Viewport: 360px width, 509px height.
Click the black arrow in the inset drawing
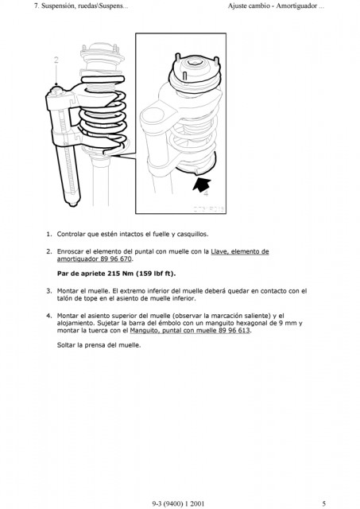pos(201,185)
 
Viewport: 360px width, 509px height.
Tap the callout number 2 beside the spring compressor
pos(56,60)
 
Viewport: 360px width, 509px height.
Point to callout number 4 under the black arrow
pos(206,194)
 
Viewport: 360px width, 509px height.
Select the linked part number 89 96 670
pos(117,258)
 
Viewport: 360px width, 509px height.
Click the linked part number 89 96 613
pos(234,331)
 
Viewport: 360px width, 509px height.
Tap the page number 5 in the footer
pos(323,503)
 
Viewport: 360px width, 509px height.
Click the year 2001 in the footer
pos(197,503)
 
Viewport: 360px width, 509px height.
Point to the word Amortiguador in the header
pos(296,6)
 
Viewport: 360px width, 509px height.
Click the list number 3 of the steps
pos(49,291)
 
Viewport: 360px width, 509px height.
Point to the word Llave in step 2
pos(219,251)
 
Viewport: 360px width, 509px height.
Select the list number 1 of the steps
pos(49,234)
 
